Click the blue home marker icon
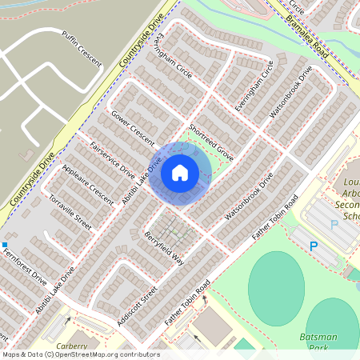point(180,172)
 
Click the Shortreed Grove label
point(210,142)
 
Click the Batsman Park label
point(322,342)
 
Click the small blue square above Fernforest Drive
point(4,245)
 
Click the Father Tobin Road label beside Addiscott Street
point(187,302)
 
